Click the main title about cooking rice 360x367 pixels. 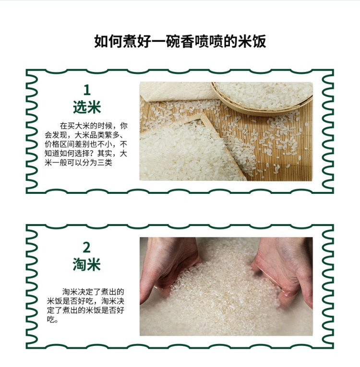point(180,41)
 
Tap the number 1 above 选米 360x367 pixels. point(87,90)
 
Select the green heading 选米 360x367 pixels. point(87,107)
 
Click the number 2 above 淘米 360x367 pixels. point(87,248)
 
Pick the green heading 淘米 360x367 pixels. point(87,264)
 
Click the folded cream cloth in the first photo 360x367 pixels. point(178,92)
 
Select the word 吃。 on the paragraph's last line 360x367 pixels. point(52,320)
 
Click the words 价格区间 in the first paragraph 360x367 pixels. point(60,144)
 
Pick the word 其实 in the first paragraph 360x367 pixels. point(105,154)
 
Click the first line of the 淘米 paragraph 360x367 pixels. point(93,292)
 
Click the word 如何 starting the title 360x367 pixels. point(108,42)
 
